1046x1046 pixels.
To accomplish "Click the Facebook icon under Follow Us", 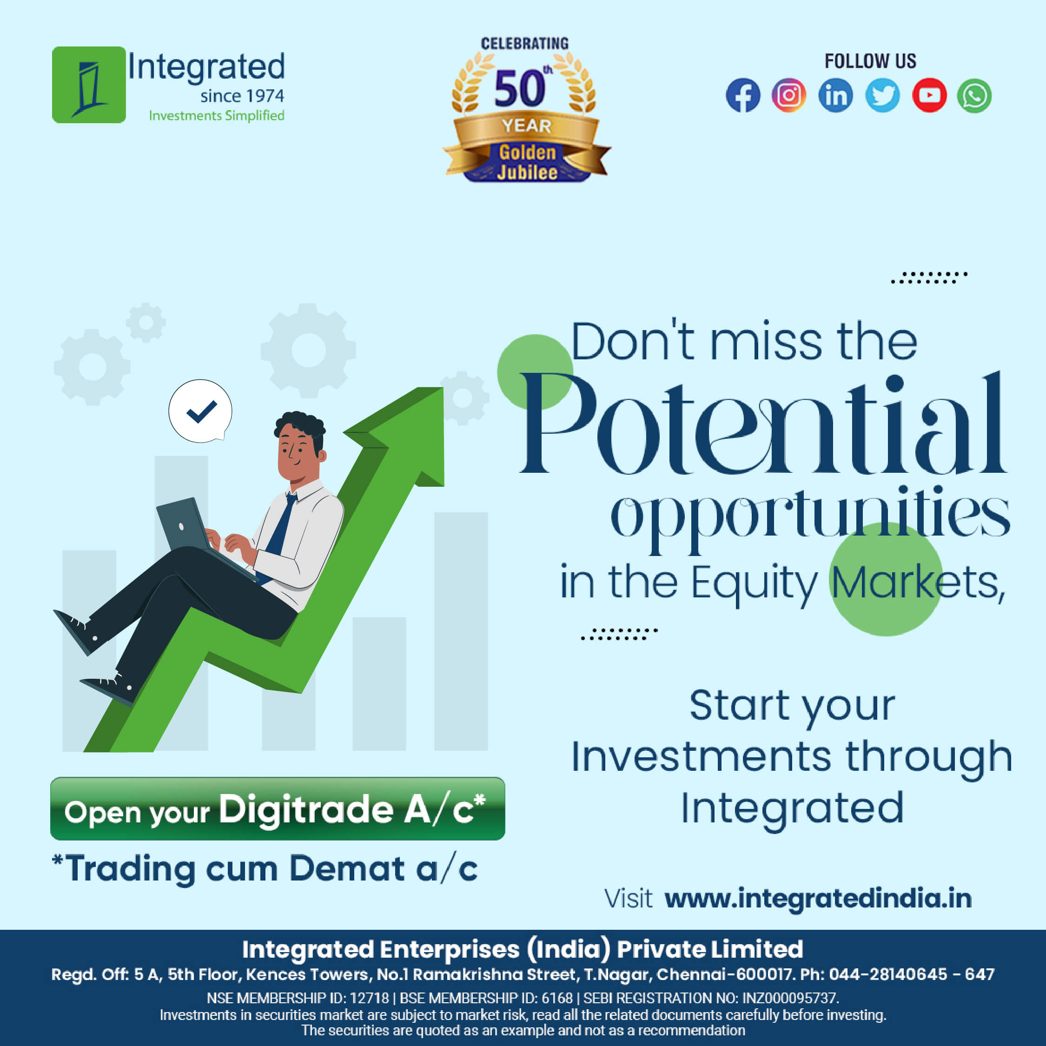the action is (743, 95).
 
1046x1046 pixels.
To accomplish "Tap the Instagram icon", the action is (789, 95).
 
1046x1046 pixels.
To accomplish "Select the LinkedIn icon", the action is (835, 95).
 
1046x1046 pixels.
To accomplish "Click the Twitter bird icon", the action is (882, 95).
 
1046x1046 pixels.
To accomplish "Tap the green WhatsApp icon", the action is (974, 96).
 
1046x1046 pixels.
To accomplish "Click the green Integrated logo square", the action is (89, 85).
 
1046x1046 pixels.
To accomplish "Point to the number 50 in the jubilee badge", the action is (519, 89).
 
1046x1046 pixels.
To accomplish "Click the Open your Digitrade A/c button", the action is (277, 809).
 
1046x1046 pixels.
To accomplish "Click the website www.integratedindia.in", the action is (818, 898).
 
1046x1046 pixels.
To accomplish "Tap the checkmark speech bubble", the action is (200, 411).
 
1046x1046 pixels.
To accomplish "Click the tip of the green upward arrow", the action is (443, 388).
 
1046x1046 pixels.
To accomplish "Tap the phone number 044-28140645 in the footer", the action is (888, 974).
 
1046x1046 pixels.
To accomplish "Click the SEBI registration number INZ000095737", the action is (790, 998).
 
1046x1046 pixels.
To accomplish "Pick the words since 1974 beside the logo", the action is (242, 96).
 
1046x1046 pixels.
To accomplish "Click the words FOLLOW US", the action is (871, 60).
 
